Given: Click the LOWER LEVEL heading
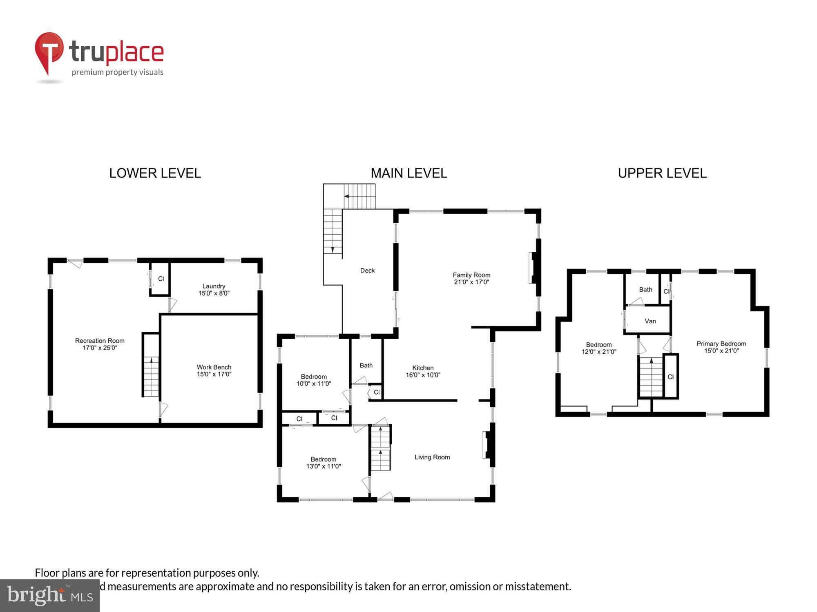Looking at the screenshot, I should (155, 173).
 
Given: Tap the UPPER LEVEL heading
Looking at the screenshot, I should (662, 173).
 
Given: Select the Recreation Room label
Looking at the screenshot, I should (100, 344).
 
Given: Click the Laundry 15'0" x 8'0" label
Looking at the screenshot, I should (214, 289).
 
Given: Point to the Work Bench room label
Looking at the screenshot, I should (214, 370).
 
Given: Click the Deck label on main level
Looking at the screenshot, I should (367, 271).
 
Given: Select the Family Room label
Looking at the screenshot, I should (471, 278).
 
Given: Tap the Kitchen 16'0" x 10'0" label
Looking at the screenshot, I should (423, 371).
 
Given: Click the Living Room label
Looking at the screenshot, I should (432, 457).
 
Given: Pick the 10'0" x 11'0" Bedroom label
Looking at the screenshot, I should (313, 380).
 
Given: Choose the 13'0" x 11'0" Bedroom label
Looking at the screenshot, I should (323, 463).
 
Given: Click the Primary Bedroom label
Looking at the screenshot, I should (721, 347).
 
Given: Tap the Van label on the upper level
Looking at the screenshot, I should (650, 321).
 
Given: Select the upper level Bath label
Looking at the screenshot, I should (645, 289).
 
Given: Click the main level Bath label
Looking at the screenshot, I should (366, 365).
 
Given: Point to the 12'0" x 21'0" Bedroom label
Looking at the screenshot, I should (598, 348).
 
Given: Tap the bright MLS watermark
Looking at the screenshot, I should (50, 596).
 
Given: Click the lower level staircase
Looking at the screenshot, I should (151, 375).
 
